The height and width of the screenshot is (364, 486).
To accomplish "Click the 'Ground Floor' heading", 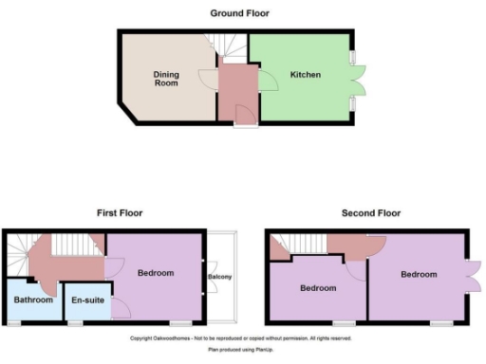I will point(239,13).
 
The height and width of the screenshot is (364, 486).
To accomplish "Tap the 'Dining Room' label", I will point(167,78).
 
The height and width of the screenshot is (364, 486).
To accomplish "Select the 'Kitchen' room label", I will point(305,75).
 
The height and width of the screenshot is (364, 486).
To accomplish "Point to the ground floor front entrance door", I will point(244,118).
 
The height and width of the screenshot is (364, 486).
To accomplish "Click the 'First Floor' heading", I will point(119,213).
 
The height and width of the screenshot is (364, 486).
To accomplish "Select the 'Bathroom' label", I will point(32,300).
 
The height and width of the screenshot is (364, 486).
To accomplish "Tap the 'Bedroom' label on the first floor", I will point(156,273).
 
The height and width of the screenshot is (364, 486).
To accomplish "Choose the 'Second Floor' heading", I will point(371,213).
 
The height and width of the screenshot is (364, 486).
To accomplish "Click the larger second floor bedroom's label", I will point(419,275).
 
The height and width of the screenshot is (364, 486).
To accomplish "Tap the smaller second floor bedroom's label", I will point(318,288).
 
